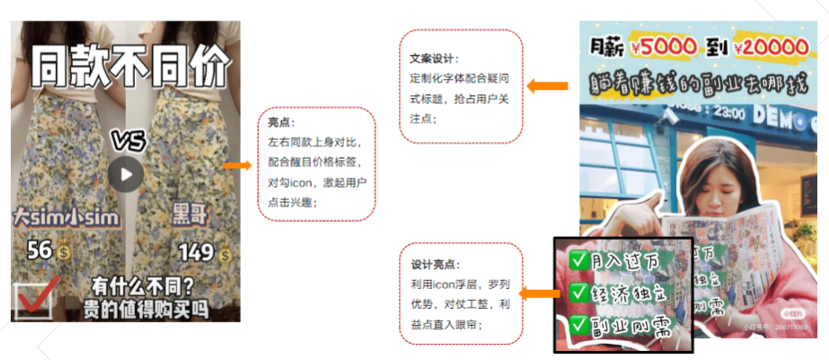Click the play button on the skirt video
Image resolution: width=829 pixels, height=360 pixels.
(x=126, y=174)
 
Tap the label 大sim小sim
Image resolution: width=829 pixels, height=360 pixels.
(x=53, y=217)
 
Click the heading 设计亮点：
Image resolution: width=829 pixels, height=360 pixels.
(x=433, y=265)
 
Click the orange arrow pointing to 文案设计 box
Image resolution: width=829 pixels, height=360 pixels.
(x=547, y=86)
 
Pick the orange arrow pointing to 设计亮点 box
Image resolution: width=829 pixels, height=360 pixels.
(x=537, y=294)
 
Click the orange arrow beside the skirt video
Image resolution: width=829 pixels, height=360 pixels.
(x=237, y=165)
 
